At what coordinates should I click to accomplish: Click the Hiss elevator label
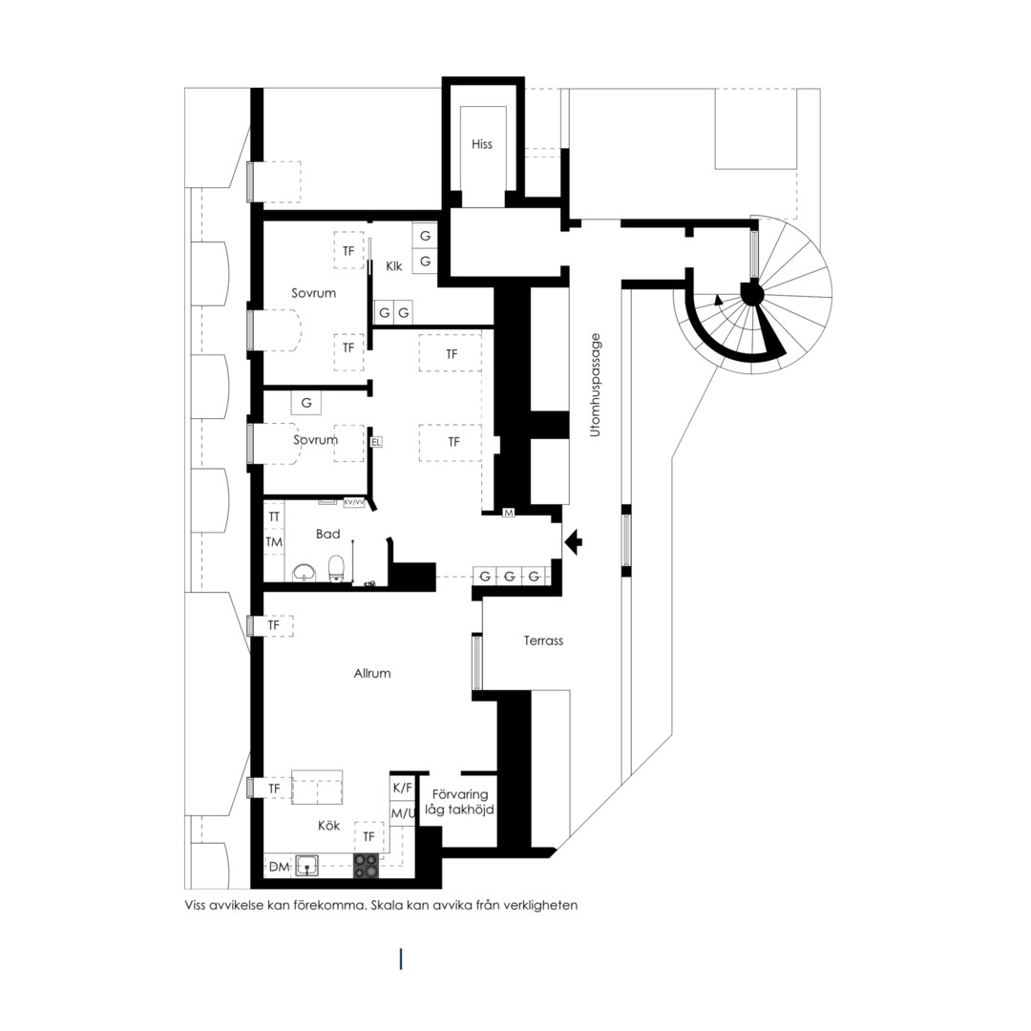tap(481, 144)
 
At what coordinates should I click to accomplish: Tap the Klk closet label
tap(394, 266)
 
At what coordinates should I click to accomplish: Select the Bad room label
tap(327, 534)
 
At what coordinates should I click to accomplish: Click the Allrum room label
tap(372, 673)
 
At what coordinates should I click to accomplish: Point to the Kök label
tap(328, 825)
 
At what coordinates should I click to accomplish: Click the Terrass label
tap(543, 641)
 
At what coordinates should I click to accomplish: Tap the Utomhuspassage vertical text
tap(596, 386)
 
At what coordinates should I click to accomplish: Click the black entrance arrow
tap(574, 541)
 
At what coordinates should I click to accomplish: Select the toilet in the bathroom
tap(337, 569)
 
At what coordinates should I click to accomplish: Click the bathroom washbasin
tap(305, 573)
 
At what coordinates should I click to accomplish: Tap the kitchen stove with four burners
tap(367, 865)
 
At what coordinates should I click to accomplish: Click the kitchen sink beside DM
tap(307, 865)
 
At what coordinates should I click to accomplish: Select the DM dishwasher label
tap(279, 867)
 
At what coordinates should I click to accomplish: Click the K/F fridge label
tap(403, 788)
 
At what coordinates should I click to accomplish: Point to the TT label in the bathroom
tap(274, 516)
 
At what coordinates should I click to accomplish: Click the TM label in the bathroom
tap(274, 542)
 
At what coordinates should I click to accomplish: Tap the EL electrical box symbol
tap(376, 443)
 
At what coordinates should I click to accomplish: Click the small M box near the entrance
tap(508, 513)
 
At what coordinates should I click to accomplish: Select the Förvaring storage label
tap(460, 794)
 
